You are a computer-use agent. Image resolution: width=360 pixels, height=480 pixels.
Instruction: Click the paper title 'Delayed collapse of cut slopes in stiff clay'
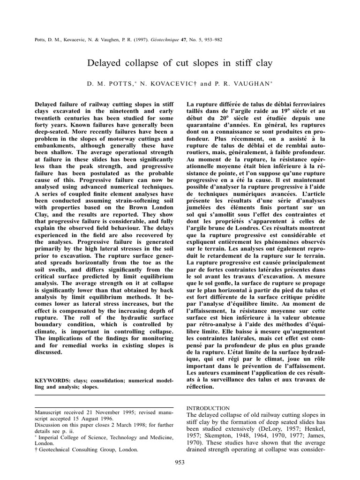(180, 62)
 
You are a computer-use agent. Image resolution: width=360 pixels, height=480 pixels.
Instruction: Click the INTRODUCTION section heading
(208, 408)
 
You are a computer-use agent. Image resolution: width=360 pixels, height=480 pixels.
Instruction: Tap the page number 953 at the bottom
(180, 462)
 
